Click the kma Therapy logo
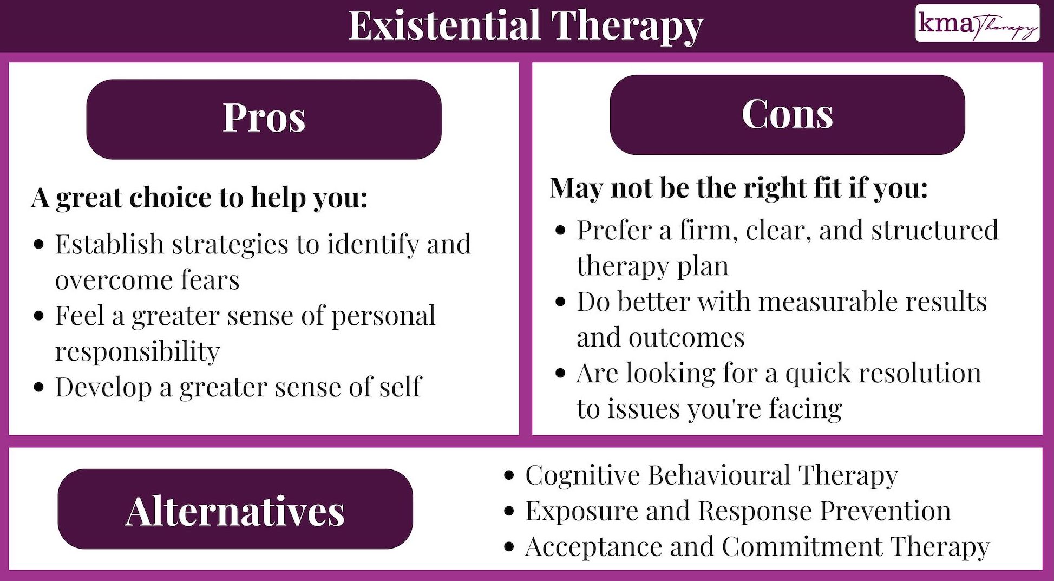point(977,24)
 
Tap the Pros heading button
point(264,119)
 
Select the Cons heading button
point(787,114)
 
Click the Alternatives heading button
point(235,510)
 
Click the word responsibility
point(138,352)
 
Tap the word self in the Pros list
point(400,387)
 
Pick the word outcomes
point(686,338)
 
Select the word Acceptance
point(593,547)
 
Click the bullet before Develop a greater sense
point(38,388)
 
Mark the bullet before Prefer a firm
point(560,231)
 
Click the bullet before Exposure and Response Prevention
point(508,511)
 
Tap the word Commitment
point(802,547)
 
